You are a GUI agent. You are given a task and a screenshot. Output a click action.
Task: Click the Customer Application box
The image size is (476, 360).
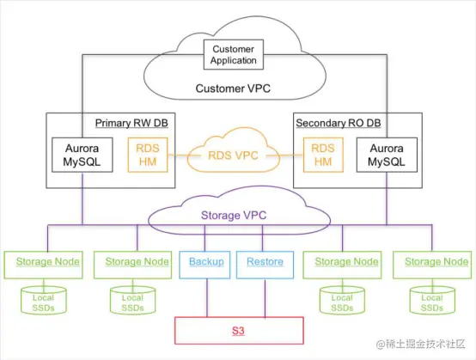click(233, 55)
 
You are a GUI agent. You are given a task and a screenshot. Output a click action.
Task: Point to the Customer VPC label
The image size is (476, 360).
click(233, 88)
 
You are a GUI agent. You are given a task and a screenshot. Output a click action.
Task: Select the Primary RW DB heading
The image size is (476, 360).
click(131, 123)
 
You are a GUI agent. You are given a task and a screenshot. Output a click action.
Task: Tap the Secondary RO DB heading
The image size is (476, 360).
click(339, 123)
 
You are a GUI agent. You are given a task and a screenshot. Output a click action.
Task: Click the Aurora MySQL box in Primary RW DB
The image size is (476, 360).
click(82, 155)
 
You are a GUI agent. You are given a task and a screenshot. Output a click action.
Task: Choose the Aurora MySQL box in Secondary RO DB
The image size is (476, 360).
click(387, 155)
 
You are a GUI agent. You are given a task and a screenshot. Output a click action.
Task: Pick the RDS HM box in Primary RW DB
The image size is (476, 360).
click(148, 155)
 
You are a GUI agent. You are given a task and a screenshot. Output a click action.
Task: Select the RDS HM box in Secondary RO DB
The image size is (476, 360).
click(323, 155)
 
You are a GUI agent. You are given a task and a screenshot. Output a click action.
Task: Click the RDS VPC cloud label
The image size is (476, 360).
click(233, 156)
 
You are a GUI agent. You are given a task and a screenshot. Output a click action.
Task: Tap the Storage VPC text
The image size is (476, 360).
click(234, 215)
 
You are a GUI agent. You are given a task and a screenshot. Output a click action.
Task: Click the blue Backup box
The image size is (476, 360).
click(204, 265)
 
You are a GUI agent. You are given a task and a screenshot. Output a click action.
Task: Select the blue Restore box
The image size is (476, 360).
click(265, 265)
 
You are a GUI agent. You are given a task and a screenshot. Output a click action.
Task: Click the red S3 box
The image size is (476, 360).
click(239, 331)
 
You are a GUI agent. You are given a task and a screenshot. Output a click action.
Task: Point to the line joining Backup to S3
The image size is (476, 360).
click(207, 298)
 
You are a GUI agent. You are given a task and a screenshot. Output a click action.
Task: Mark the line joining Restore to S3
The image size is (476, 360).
click(265, 298)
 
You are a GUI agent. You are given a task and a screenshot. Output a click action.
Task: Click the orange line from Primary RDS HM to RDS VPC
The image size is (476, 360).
click(178, 156)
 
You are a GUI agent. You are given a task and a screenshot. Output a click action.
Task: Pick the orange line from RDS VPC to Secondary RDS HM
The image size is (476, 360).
click(290, 156)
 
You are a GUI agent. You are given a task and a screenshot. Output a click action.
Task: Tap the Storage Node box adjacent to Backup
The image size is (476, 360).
click(132, 265)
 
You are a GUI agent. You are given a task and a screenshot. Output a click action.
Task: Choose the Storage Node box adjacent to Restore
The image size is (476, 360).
click(342, 265)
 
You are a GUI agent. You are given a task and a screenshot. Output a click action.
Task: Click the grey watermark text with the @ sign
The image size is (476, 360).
click(421, 344)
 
